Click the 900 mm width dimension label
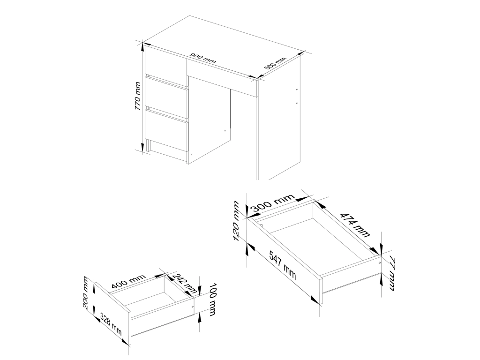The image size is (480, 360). point(202,58)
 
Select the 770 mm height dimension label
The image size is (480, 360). point(137,97)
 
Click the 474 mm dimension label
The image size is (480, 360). point(355,225)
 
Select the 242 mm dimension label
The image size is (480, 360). point(184,283)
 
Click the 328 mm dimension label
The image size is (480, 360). point(111,325)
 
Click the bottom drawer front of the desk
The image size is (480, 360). point(166,131)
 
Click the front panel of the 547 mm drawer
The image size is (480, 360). point(284,261)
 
